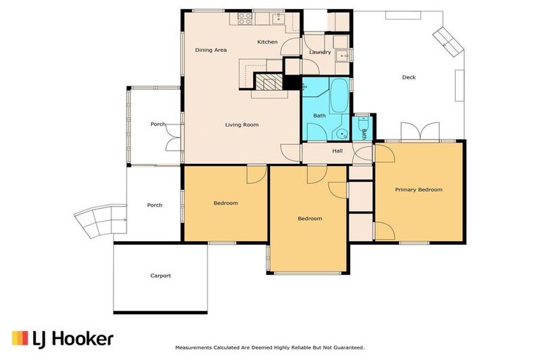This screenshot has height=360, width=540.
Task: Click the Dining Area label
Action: click(210, 50)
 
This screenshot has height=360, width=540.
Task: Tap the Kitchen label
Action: click(267, 42)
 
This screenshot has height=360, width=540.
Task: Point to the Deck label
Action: click(409, 77)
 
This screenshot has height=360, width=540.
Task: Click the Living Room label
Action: click(241, 125)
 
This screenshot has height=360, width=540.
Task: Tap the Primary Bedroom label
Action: click(418, 190)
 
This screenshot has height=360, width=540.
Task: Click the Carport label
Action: click(160, 276)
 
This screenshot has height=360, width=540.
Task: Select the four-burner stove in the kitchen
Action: click(245, 18)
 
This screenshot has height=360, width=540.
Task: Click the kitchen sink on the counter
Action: click(279, 18)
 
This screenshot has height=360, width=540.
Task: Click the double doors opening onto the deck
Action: click(420, 131)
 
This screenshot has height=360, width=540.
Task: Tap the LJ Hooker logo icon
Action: click(20, 339)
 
